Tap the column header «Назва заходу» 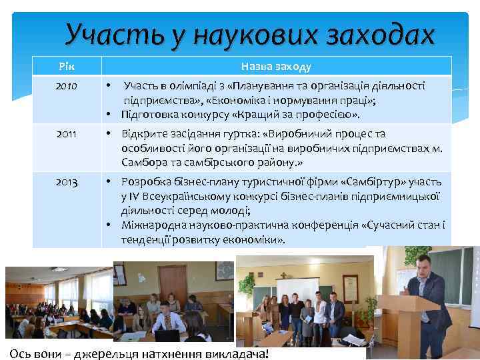click(x=275, y=67)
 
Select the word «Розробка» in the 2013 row click(x=143, y=182)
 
